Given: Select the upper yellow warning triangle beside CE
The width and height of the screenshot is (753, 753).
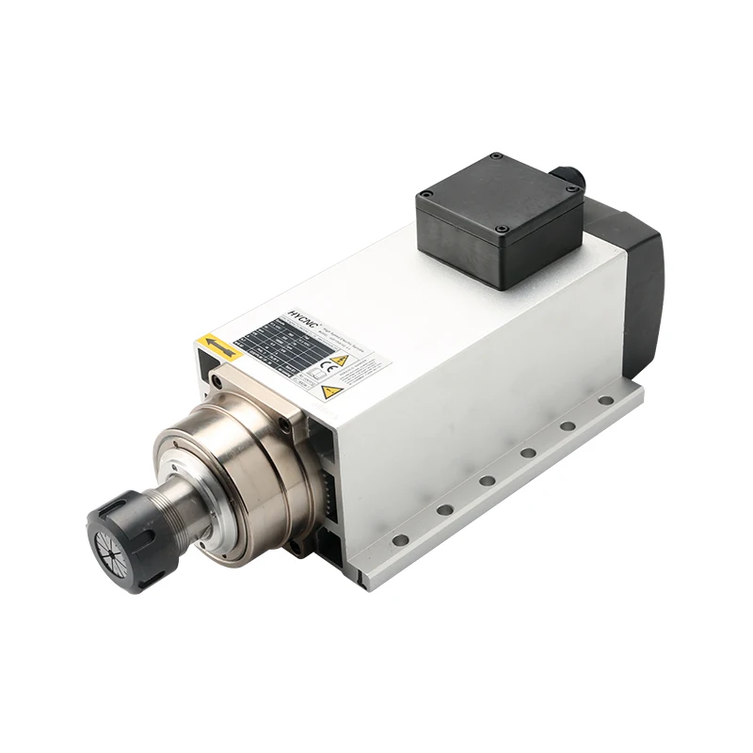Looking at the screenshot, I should pos(340,360).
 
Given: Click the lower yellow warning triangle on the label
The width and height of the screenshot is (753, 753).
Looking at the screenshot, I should pos(330,391).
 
